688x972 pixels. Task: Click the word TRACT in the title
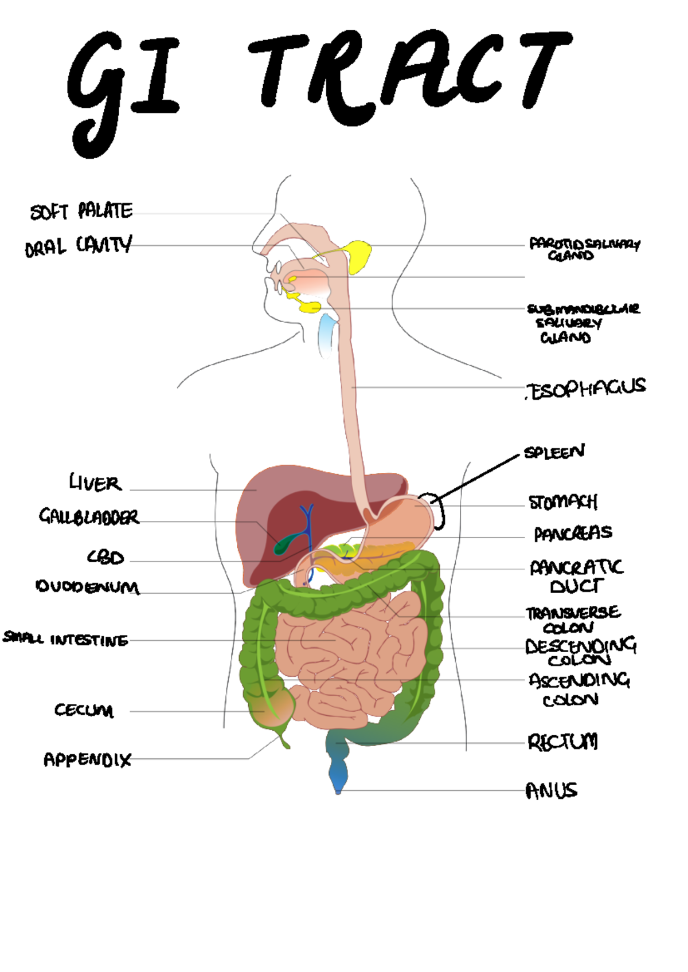(x=410, y=75)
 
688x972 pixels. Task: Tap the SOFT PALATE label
(x=81, y=211)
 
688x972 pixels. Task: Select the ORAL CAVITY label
(x=79, y=246)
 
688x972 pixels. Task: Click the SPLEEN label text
(x=554, y=452)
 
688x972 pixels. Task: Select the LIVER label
(x=95, y=483)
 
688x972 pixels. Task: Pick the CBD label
(x=105, y=557)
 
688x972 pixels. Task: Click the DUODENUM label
(x=87, y=587)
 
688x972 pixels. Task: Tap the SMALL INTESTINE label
(x=65, y=638)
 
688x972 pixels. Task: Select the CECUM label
(x=84, y=710)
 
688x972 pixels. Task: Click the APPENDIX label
(x=87, y=760)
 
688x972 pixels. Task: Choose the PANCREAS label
(x=573, y=534)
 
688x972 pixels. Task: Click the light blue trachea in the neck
(x=327, y=335)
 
